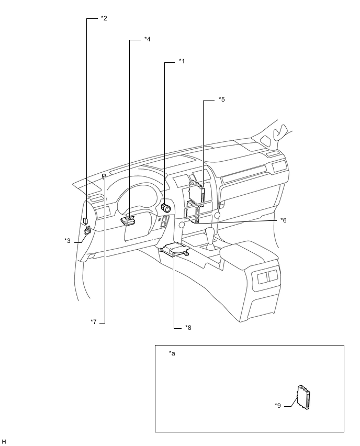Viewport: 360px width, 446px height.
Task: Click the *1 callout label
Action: click(x=182, y=61)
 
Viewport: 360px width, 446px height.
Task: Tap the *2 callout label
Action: click(x=104, y=18)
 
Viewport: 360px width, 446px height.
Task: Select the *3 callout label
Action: click(x=67, y=241)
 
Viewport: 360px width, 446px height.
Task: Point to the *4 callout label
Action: click(x=148, y=39)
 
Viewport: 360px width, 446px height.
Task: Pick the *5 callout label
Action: click(x=221, y=99)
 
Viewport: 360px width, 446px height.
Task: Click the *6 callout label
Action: click(x=283, y=220)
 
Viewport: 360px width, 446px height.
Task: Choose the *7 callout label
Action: click(x=94, y=322)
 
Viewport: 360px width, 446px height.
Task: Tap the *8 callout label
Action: click(x=188, y=327)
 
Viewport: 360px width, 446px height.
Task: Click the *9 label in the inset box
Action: click(x=277, y=405)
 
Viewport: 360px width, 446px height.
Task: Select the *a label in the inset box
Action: click(x=172, y=353)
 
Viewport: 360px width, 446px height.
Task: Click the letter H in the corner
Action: click(x=4, y=441)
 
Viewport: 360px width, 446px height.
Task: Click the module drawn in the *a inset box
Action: click(x=303, y=397)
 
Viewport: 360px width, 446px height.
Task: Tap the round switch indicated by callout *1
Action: click(x=165, y=208)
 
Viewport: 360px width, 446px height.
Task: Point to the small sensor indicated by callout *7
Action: click(x=104, y=176)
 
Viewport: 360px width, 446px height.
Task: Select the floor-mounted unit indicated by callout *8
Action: click(x=175, y=250)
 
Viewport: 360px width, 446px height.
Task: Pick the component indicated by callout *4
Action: click(x=128, y=220)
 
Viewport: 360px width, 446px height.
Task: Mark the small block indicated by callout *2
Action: click(x=85, y=220)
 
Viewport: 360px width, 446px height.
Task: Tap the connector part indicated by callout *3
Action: click(x=87, y=230)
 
